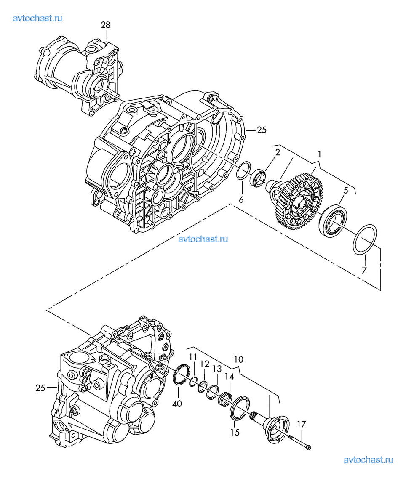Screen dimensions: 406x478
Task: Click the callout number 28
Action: click(106, 25)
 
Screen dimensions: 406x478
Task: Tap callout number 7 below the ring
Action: click(364, 270)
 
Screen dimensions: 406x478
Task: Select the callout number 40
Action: click(177, 404)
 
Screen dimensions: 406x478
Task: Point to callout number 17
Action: click(302, 424)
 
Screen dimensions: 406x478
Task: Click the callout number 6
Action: click(241, 200)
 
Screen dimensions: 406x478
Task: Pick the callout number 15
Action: click(235, 432)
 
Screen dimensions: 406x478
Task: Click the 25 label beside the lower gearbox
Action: click(40, 388)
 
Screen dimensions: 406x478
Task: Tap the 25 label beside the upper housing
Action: click(262, 130)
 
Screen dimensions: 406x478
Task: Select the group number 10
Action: click(238, 359)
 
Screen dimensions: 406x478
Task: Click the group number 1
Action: click(319, 154)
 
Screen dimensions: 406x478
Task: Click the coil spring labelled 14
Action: click(226, 399)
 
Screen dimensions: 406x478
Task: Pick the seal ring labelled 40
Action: click(180, 374)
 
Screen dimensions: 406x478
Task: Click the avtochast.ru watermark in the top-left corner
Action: click(37, 18)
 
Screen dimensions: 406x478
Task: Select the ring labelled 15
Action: click(240, 408)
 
